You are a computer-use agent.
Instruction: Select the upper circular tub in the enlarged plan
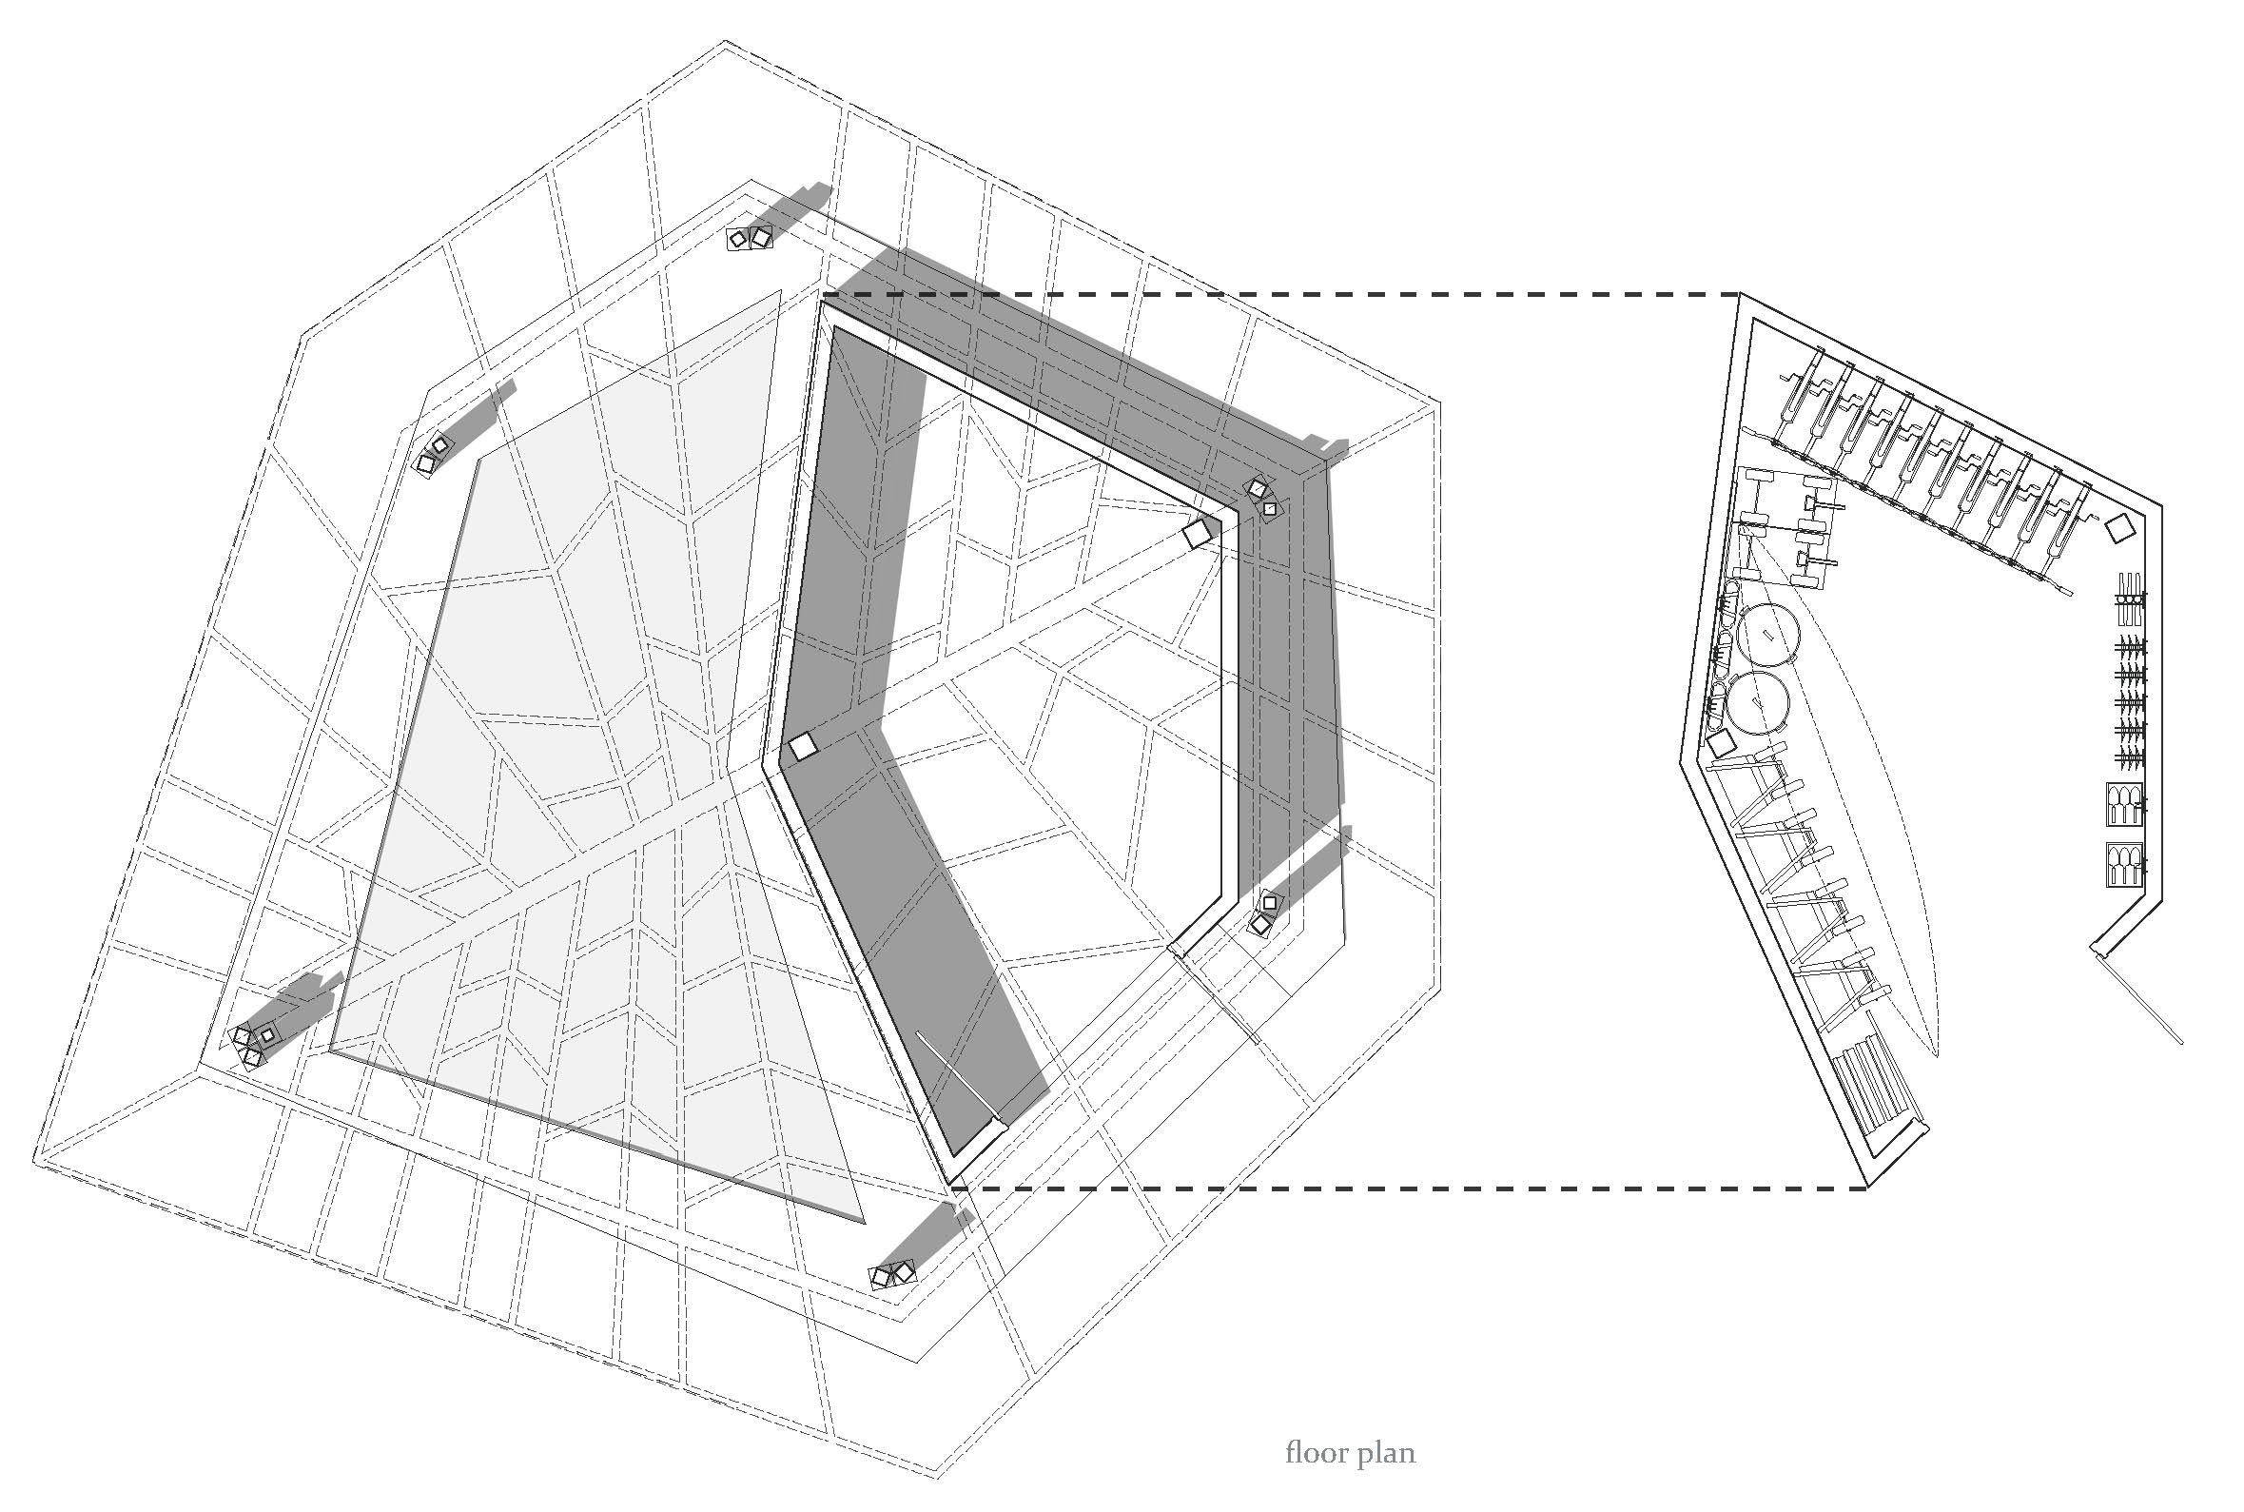[x=1769, y=636]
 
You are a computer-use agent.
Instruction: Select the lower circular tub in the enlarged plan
[x=1756, y=703]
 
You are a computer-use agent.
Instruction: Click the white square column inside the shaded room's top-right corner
[x=1200, y=533]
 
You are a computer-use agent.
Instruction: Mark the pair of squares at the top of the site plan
[x=750, y=238]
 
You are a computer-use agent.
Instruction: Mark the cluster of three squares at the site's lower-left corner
[x=252, y=1043]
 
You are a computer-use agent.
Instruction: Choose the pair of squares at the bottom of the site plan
[x=891, y=1275]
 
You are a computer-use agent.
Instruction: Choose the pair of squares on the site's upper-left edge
[x=433, y=454]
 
